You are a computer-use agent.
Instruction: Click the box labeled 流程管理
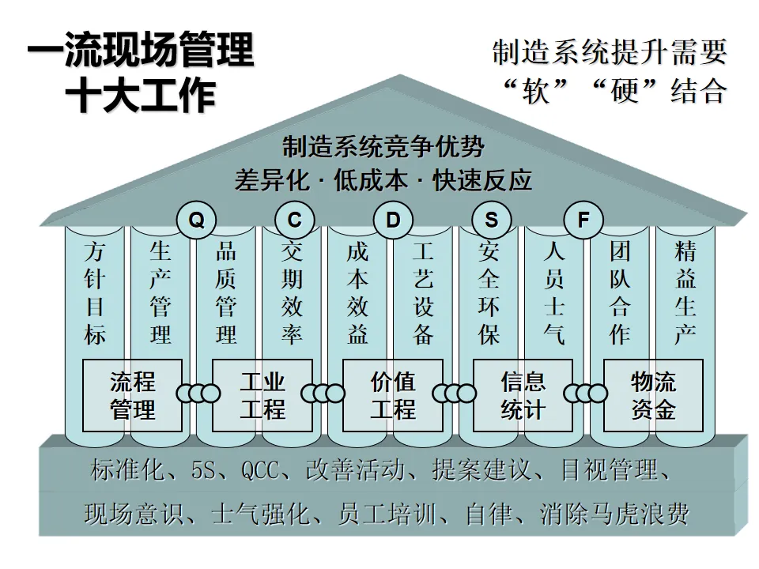(x=133, y=396)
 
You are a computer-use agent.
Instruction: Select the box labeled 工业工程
(x=262, y=396)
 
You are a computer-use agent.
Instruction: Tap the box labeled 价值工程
(x=393, y=396)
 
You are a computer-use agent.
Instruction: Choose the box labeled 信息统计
(x=523, y=396)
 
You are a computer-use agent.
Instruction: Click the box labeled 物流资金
(x=653, y=396)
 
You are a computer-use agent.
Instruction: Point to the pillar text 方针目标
(x=94, y=293)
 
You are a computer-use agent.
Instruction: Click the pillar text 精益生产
(x=685, y=293)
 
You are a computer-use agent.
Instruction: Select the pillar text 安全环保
(x=489, y=293)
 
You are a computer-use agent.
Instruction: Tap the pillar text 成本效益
(x=357, y=293)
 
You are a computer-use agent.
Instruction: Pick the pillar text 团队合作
(x=619, y=293)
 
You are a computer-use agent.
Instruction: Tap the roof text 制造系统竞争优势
(x=383, y=147)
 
